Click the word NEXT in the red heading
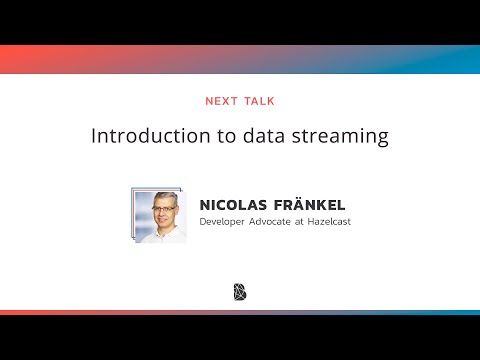[222, 101]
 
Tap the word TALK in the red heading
[258, 101]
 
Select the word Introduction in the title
[139, 136]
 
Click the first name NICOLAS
[235, 203]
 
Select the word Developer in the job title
[225, 221]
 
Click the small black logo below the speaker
[240, 292]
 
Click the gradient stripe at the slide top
[240, 59]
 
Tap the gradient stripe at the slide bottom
[240, 312]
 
